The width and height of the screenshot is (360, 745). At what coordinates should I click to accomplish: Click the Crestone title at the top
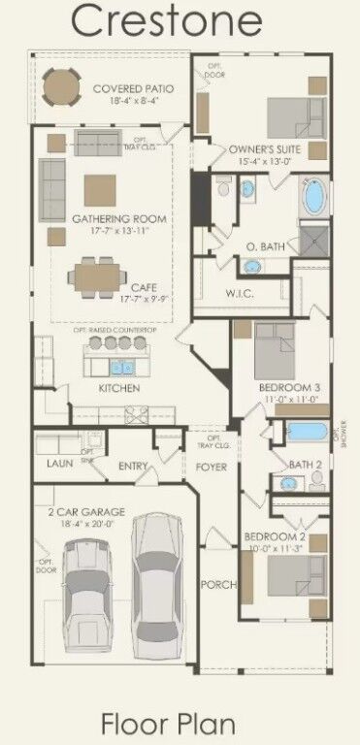(180, 21)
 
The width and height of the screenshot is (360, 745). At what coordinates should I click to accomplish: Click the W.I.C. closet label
(240, 293)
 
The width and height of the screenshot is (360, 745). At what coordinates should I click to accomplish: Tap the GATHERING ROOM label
(118, 219)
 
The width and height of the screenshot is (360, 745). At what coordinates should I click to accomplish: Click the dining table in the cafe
(95, 278)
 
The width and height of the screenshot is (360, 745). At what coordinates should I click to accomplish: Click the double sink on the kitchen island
(122, 368)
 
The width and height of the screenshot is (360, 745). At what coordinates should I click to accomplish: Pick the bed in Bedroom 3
(274, 353)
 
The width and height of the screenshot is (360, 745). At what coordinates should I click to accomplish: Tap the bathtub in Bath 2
(309, 433)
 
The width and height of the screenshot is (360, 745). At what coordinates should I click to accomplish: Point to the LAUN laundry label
(60, 464)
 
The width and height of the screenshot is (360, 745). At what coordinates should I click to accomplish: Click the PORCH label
(213, 585)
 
